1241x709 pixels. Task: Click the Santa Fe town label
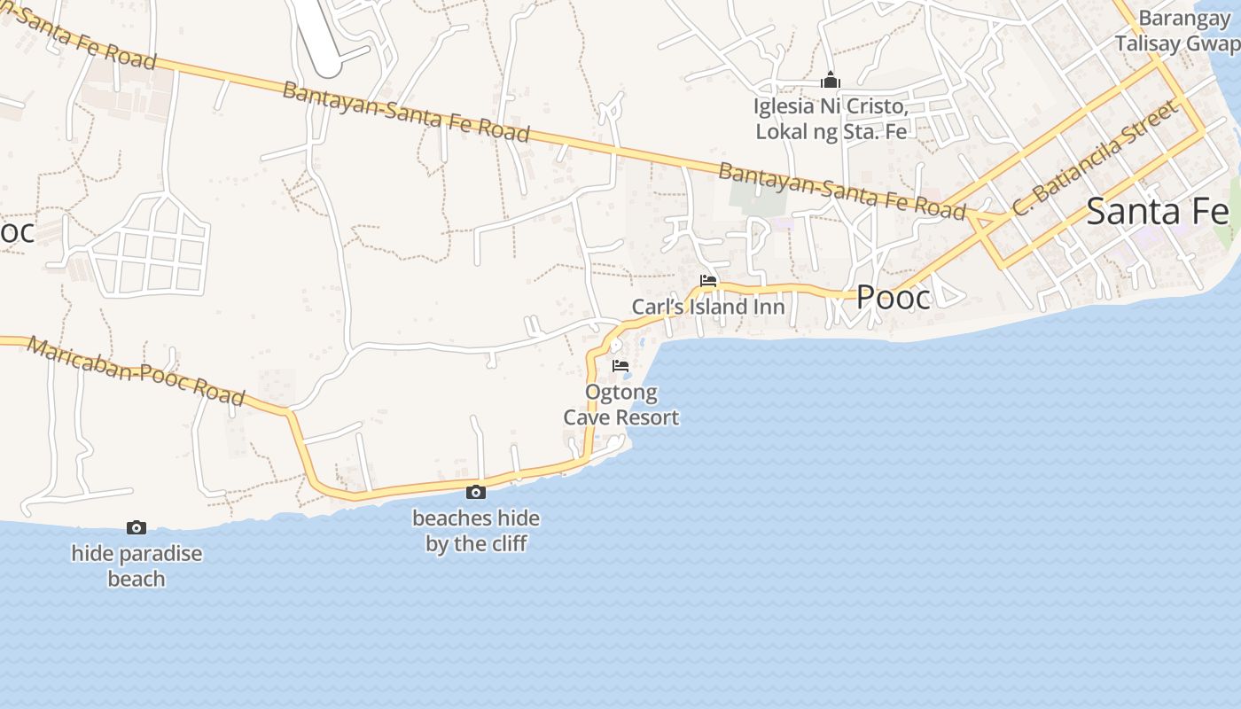click(x=1157, y=212)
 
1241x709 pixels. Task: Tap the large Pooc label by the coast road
click(x=894, y=298)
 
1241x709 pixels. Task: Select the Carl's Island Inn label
click(x=707, y=308)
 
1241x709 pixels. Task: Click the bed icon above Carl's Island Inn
click(x=708, y=281)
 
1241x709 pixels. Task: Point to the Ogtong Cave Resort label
click(x=621, y=405)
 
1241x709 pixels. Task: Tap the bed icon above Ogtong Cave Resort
click(x=620, y=365)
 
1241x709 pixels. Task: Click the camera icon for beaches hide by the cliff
click(x=476, y=492)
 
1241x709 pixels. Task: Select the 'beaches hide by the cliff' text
click(x=476, y=531)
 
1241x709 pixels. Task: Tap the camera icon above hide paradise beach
click(x=137, y=527)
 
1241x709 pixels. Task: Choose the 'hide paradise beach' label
click(x=137, y=566)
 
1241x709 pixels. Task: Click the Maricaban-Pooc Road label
click(x=136, y=370)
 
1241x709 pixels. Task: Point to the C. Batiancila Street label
click(x=1097, y=158)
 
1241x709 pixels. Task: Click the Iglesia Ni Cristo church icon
click(x=831, y=81)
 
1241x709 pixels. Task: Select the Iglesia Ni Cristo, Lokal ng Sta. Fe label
click(x=831, y=119)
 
